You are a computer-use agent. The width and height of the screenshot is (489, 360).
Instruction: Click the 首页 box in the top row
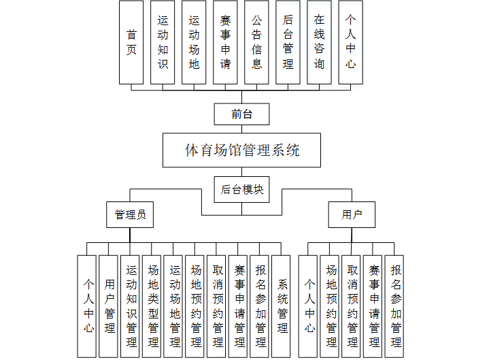pos(131,42)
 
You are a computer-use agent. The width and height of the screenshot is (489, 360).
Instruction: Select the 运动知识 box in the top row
pos(163,42)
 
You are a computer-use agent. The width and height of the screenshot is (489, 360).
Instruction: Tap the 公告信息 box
pos(256,42)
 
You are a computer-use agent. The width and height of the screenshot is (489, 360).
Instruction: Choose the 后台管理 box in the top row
pos(288,42)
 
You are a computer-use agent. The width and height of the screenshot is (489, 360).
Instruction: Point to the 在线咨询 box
pos(319,42)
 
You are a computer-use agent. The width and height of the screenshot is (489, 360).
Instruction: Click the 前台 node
pos(241,114)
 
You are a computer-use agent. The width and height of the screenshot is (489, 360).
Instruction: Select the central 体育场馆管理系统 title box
pos(241,150)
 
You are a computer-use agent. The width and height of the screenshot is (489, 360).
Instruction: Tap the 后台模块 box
pos(241,190)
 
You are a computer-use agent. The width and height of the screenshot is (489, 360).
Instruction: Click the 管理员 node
pos(129,214)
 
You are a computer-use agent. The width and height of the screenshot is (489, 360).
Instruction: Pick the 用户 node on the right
pos(351,214)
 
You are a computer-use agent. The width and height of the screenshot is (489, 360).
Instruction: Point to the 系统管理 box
pos(281,306)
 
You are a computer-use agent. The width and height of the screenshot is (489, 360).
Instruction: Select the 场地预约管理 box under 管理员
pos(195,306)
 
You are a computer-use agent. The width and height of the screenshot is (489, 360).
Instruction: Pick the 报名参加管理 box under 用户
pos(394,306)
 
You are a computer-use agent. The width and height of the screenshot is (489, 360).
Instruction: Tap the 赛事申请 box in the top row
pos(225,42)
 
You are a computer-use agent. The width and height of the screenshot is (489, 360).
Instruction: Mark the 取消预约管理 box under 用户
pos(352,306)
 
